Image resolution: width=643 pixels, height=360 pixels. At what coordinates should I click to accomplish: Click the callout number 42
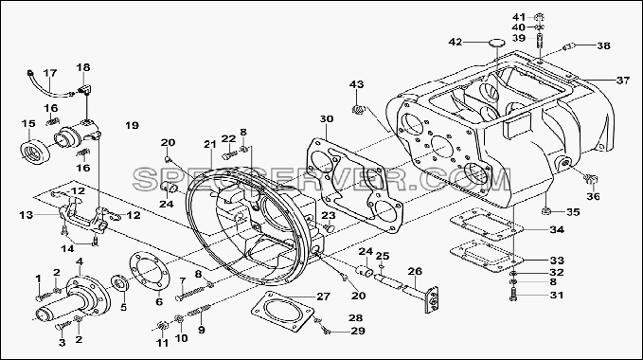click(455, 42)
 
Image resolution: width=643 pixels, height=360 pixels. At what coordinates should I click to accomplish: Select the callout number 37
click(623, 81)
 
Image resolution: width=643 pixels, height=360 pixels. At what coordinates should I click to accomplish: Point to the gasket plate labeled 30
click(355, 185)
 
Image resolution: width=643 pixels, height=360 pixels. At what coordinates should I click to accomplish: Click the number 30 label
click(327, 119)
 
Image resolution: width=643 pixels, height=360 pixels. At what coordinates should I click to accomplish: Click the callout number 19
click(132, 125)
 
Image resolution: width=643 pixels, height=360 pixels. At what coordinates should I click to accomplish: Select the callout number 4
click(80, 261)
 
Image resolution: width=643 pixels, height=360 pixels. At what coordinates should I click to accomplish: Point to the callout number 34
click(557, 229)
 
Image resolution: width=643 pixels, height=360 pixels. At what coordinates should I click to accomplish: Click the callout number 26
click(415, 272)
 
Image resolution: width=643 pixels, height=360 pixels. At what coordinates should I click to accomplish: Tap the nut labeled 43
click(358, 110)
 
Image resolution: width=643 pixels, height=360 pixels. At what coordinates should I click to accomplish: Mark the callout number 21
click(209, 144)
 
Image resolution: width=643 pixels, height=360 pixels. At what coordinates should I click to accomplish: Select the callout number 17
click(50, 73)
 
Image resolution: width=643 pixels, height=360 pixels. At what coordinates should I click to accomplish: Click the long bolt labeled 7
click(191, 293)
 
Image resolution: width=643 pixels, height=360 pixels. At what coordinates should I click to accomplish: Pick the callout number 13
click(27, 214)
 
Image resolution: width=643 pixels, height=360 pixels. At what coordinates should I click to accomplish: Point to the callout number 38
click(603, 45)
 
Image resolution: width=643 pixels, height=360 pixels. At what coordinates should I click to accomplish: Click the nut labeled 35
click(545, 211)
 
